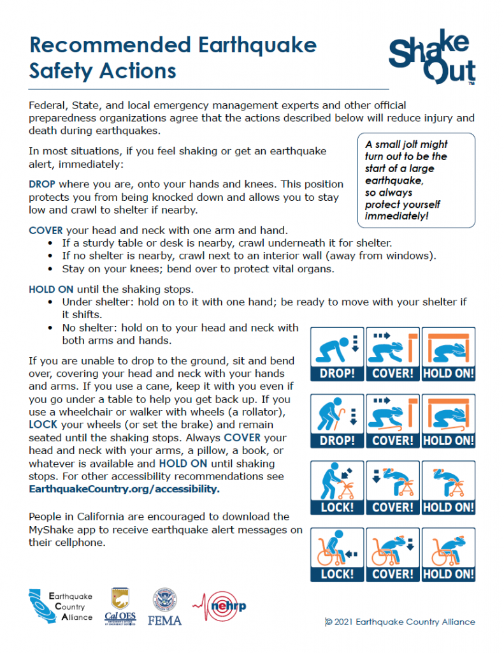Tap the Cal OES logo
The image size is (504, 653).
tap(119, 606)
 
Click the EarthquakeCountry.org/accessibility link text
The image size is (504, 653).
tap(124, 489)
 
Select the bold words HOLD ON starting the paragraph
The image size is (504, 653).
tap(52, 289)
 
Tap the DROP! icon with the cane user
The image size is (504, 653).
tap(336, 421)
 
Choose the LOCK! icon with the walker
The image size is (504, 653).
tap(336, 488)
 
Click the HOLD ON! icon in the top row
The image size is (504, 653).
tap(449, 354)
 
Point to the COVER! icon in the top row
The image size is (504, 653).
tap(392, 354)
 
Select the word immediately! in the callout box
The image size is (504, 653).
tap(396, 216)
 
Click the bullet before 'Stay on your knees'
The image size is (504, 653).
tap(51, 269)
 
